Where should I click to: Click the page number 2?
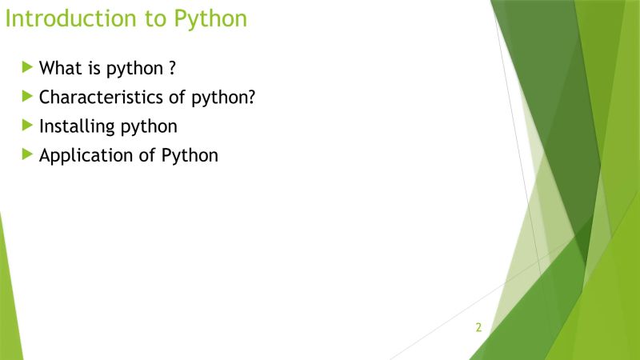coord(478,327)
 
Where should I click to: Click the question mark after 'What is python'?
coord(172,68)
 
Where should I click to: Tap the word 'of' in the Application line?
coord(148,156)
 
